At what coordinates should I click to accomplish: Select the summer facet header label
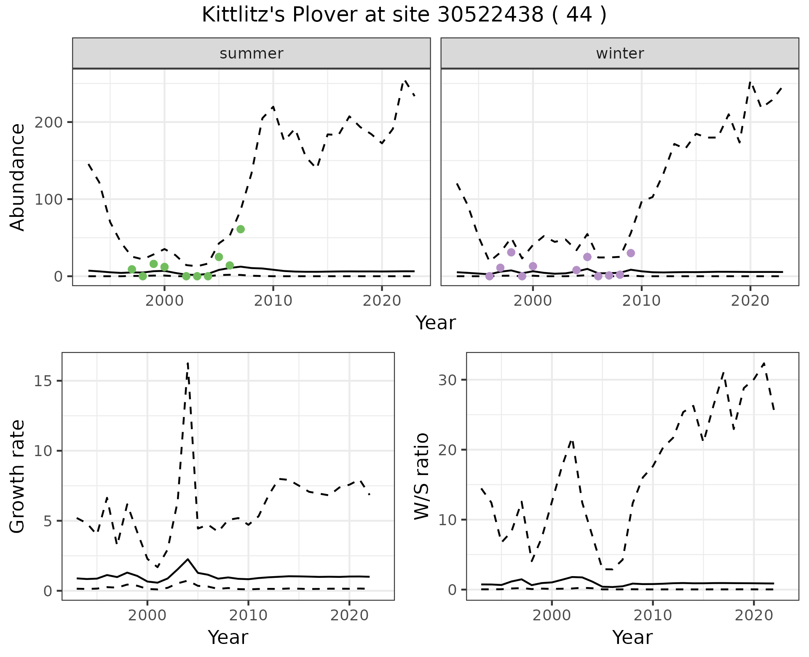pyautogui.click(x=252, y=53)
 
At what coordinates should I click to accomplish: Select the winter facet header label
pyautogui.click(x=620, y=53)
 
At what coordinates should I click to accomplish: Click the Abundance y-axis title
pyautogui.click(x=18, y=177)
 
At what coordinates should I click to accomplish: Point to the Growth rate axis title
pyautogui.click(x=18, y=476)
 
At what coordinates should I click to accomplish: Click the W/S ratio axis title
pyautogui.click(x=422, y=476)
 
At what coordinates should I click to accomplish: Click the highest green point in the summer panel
pyautogui.click(x=241, y=229)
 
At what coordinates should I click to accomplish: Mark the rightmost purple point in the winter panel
pyautogui.click(x=631, y=253)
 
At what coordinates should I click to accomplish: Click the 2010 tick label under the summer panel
pyautogui.click(x=273, y=301)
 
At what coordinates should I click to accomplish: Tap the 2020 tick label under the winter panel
pyautogui.click(x=750, y=301)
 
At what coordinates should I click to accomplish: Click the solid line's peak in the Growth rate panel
pyautogui.click(x=188, y=559)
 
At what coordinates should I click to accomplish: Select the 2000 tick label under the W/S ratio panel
pyautogui.click(x=552, y=616)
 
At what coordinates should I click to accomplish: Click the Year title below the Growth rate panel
pyautogui.click(x=228, y=638)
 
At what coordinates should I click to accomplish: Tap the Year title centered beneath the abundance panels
pyautogui.click(x=436, y=323)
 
